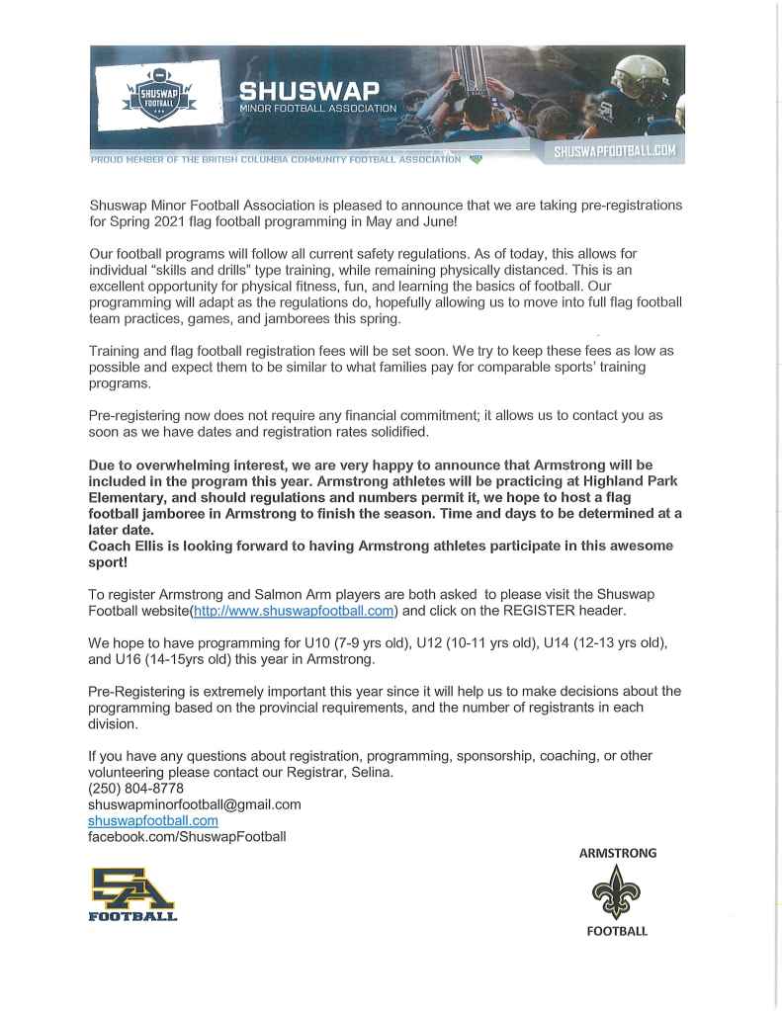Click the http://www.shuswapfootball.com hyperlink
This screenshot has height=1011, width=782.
pos(294,611)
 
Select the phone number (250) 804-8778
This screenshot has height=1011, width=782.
pos(135,789)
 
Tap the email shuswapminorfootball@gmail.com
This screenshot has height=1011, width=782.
pos(195,804)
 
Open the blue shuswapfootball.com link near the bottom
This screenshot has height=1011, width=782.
pos(153,820)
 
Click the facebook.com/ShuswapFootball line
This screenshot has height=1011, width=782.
pos(187,836)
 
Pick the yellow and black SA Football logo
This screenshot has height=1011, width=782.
pos(132,893)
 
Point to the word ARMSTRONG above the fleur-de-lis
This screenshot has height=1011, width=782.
pos(617,853)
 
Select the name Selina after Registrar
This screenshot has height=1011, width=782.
pos(372,772)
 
